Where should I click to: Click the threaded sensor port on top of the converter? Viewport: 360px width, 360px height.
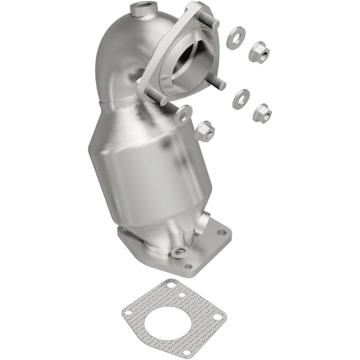pos(139,10)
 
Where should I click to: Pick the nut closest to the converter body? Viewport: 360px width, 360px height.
pos(205,130)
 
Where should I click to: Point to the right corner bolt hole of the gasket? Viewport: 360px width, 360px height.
pos(217,317)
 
